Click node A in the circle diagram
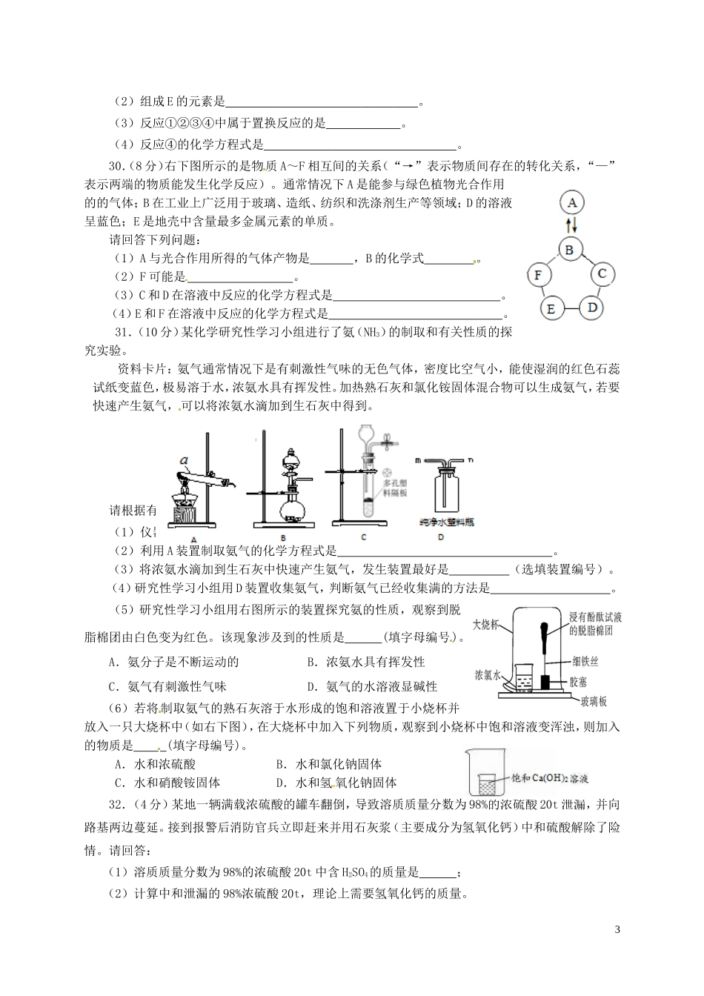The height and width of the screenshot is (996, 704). (571, 202)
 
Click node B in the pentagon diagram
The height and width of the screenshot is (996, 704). (569, 250)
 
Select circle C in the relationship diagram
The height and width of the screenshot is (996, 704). (602, 274)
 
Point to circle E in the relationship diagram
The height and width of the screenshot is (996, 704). (550, 308)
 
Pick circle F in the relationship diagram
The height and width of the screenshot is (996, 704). (539, 276)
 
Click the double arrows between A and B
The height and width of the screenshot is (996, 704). (570, 225)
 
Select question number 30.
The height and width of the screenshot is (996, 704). (119, 165)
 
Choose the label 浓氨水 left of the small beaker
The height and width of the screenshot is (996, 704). (489, 675)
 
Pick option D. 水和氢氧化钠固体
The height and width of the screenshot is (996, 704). (336, 783)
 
